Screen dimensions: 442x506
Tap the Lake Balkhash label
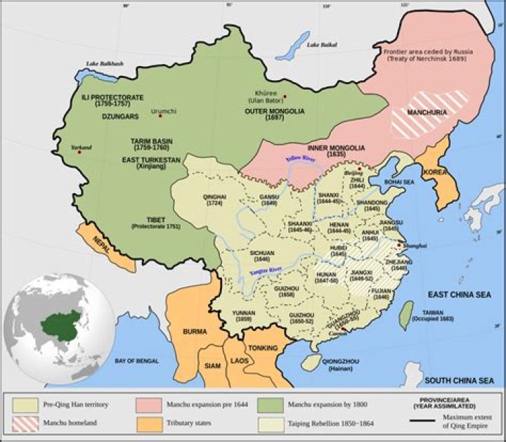[105, 64]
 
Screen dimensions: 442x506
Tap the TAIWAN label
[432, 311]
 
